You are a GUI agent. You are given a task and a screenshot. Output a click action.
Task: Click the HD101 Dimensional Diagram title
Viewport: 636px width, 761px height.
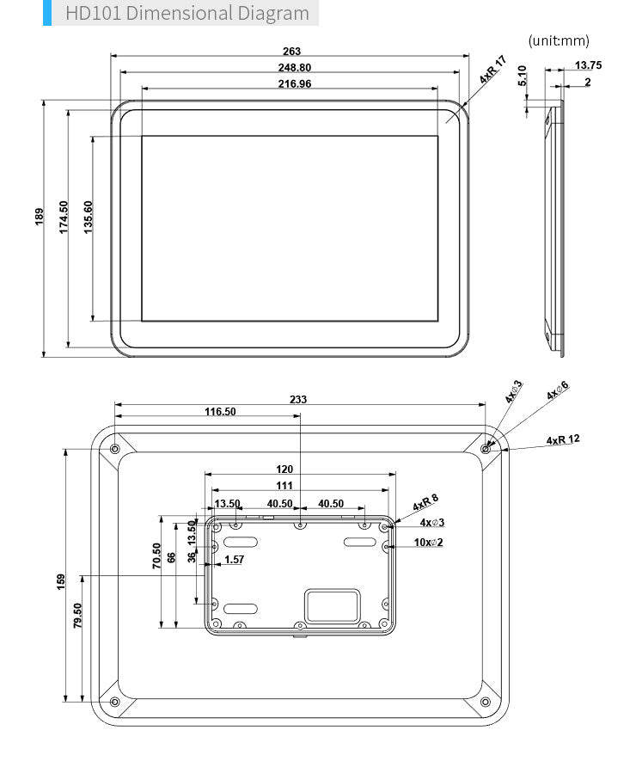[x=187, y=13]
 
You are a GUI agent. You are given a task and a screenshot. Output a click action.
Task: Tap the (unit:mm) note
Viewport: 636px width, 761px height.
[x=559, y=40]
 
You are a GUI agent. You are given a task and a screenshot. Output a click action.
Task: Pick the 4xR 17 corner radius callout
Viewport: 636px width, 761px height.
[x=493, y=70]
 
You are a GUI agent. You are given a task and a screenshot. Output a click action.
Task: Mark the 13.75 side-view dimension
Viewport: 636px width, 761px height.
[x=588, y=65]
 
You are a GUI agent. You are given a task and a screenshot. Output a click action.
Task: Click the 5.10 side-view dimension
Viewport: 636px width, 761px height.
[x=523, y=78]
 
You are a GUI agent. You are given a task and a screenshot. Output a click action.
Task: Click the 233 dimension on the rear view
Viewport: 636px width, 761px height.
[x=297, y=399]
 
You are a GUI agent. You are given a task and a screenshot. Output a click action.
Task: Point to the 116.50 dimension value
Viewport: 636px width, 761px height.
[x=219, y=412]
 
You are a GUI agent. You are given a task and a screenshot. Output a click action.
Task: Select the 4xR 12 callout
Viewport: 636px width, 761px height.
[x=563, y=439]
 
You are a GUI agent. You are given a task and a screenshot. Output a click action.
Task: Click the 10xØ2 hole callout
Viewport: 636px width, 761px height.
[x=427, y=543]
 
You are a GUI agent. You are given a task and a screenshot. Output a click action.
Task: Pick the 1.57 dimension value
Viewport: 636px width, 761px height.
[x=233, y=560]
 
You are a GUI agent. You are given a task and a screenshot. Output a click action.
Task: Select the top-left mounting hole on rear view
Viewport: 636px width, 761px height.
[x=114, y=447]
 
